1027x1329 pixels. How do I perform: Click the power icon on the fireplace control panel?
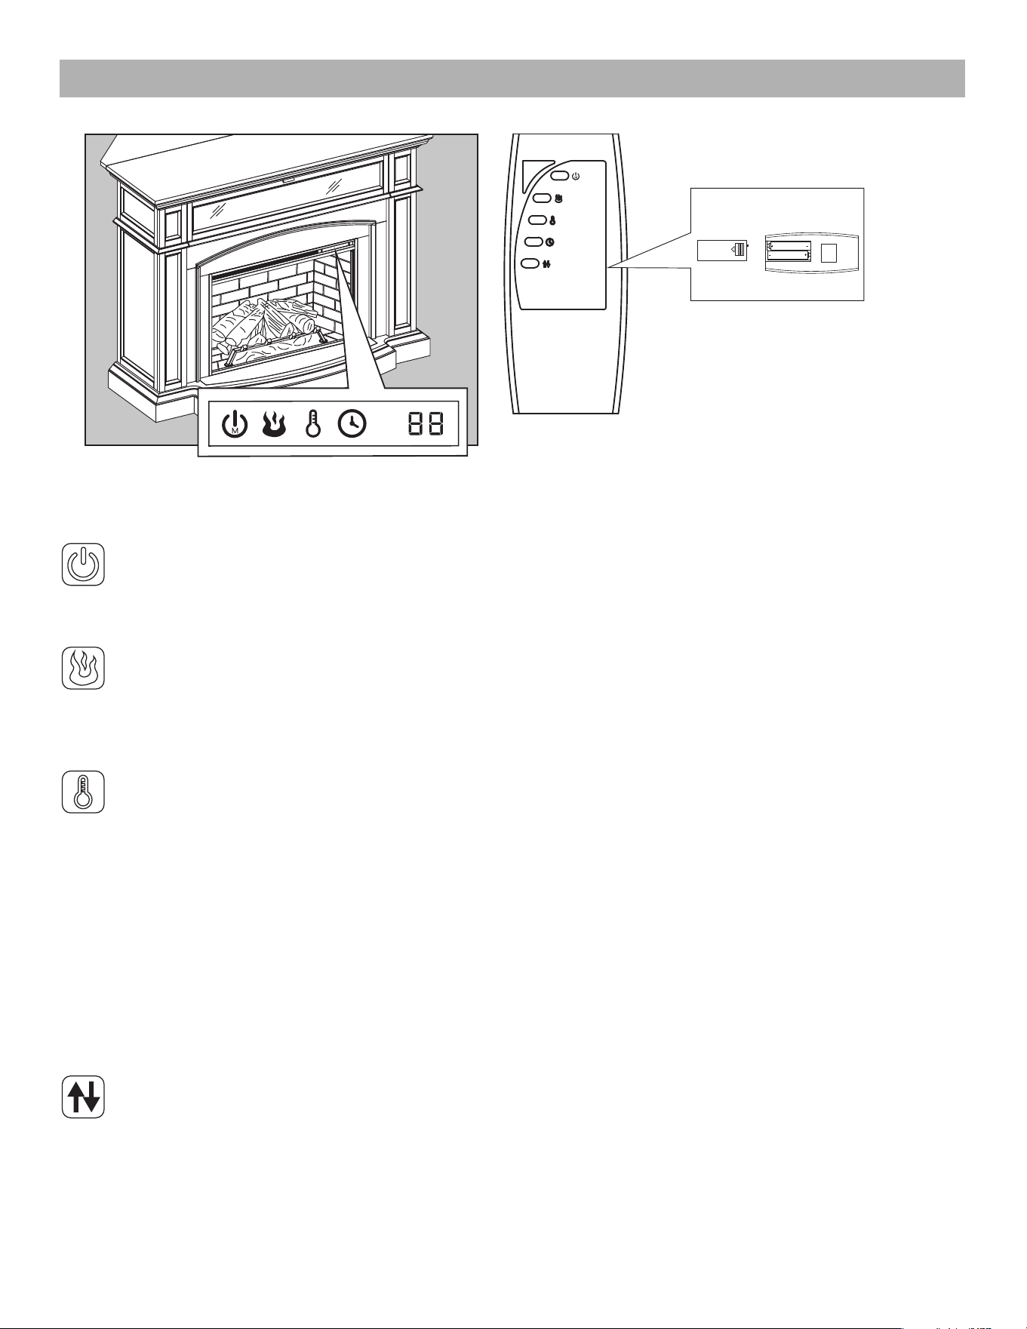[235, 424]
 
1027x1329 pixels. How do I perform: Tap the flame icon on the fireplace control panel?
[273, 424]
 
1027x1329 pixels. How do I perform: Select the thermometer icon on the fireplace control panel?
[312, 424]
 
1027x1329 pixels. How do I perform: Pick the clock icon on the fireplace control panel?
[352, 424]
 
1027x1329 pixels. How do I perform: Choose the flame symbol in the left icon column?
[83, 667]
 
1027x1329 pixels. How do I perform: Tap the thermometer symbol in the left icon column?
[83, 792]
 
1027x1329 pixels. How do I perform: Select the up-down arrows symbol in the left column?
[83, 1097]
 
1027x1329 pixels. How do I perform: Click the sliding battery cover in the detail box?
[722, 251]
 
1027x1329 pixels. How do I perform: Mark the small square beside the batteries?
[829, 252]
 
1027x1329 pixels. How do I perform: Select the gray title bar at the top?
[512, 78]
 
